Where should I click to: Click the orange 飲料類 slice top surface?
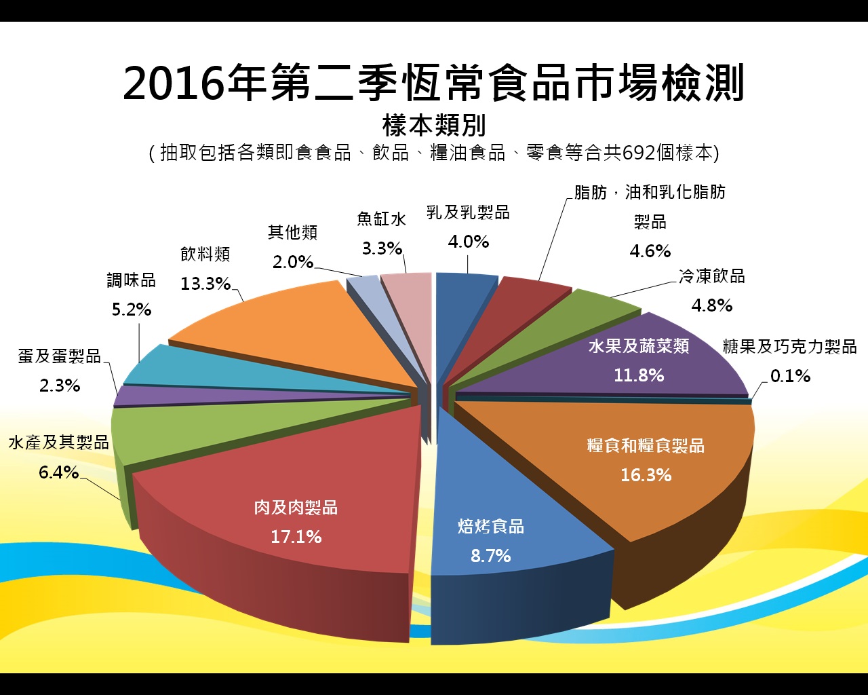coord(285,333)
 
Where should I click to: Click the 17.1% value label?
coord(296,537)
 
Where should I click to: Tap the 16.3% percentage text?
coord(646,475)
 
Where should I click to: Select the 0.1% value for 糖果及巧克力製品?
coord(790,376)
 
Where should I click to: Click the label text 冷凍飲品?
coord(712,276)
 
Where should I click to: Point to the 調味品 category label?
coord(132,280)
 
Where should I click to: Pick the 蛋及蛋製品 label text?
coord(60,356)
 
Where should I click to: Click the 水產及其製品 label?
coord(59,443)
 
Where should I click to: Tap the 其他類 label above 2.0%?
coord(293,233)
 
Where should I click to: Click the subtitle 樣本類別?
coord(434,125)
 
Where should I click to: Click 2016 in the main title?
coord(173,83)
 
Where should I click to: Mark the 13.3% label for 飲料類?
coord(205,284)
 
